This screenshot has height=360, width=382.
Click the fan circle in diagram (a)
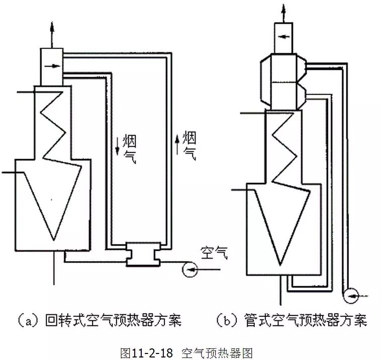(189, 270)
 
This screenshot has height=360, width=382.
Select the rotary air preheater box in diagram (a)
(143, 254)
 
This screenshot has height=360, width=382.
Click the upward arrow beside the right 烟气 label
(177, 143)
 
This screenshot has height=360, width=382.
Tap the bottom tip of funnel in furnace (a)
(54, 238)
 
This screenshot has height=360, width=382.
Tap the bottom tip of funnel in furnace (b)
(280, 264)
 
